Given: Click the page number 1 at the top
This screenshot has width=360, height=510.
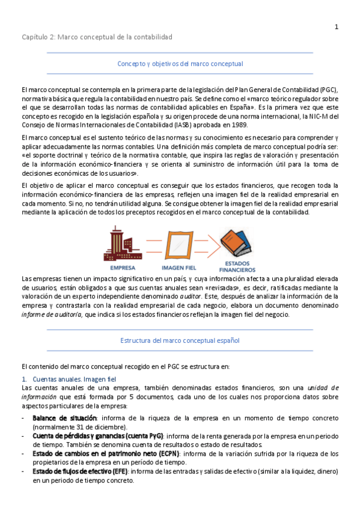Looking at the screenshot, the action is pos(337,26).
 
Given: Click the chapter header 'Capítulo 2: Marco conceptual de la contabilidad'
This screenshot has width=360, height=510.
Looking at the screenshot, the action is pos(97,37).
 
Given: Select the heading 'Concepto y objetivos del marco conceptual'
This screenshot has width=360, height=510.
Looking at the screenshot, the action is pos(180,63).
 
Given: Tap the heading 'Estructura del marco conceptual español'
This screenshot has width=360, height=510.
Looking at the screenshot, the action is pos(180,340).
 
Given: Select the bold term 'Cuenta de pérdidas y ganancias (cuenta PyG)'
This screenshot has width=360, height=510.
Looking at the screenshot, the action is pos(97,435).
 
